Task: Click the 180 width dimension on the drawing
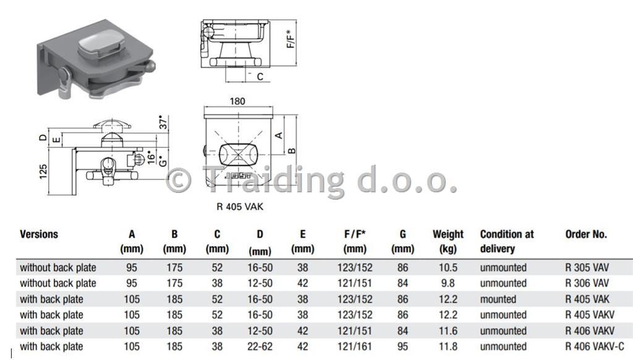pos(237,101)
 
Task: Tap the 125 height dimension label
pos(43,172)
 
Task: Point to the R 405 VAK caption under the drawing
pos(240,207)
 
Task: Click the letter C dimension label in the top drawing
pos(260,77)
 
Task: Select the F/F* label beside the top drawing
pos(291,39)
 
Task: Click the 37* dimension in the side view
pos(163,122)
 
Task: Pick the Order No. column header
pos(586,234)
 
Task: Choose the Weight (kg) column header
pos(448,241)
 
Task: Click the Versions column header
pos(39,234)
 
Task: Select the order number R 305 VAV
pos(587,267)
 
